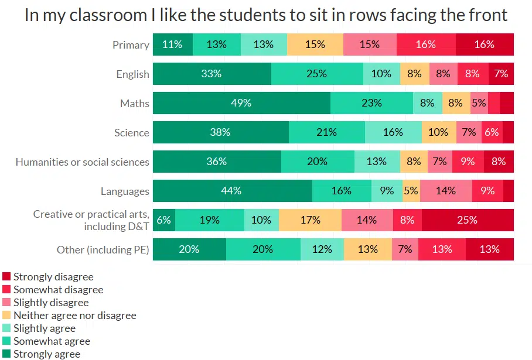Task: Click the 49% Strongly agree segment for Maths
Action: [241, 103]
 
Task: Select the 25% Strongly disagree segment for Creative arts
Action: [467, 220]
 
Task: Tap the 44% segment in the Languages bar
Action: [232, 191]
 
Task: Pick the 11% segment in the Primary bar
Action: [172, 44]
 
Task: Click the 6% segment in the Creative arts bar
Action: [163, 220]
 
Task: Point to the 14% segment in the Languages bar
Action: [446, 191]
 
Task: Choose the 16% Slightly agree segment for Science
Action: [393, 132]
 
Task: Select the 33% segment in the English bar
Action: [212, 74]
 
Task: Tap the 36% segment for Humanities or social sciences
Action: [217, 162]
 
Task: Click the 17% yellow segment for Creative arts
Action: [309, 220]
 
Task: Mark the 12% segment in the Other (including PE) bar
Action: [322, 249]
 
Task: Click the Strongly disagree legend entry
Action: [53, 277]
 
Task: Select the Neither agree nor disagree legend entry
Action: [74, 316]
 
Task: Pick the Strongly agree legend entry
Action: [46, 354]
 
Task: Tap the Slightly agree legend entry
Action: [44, 328]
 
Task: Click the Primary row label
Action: [131, 45]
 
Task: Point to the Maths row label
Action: [134, 104]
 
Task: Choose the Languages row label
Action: [125, 191]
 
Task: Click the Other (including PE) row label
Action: [103, 250]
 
